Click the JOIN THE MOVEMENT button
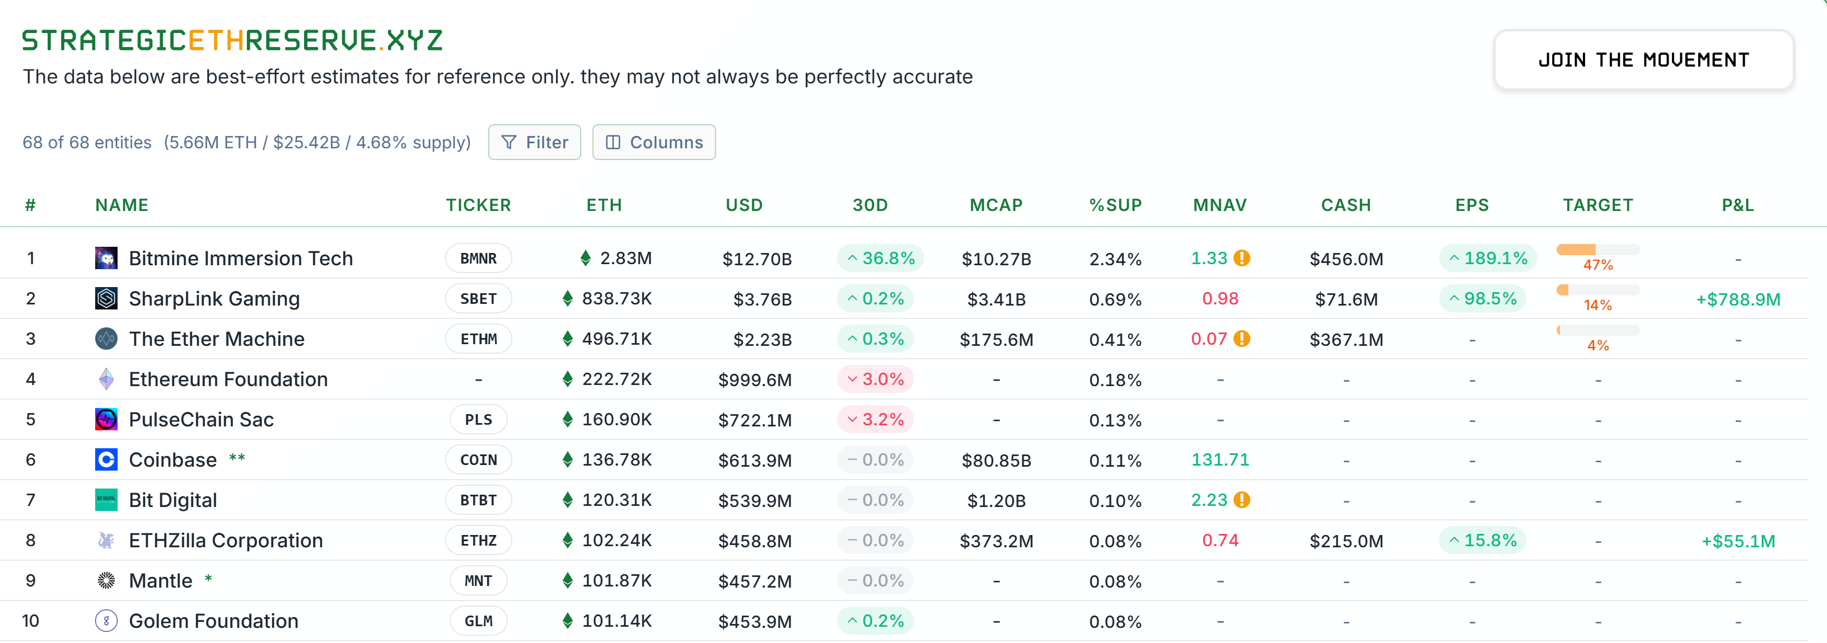[x=1643, y=60]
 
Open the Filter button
[x=534, y=143]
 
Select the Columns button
[x=653, y=143]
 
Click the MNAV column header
[x=1219, y=205]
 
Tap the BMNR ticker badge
[x=478, y=259]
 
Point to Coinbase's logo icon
[x=106, y=460]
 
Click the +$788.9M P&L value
[x=1737, y=300]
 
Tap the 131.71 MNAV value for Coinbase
[x=1220, y=460]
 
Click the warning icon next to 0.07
[x=1242, y=339]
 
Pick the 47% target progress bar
[x=1597, y=250]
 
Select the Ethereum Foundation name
[x=228, y=380]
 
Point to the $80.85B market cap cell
[x=996, y=461]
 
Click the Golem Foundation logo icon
[x=106, y=622]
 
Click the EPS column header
[x=1471, y=205]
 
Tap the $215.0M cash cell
[x=1345, y=542]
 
